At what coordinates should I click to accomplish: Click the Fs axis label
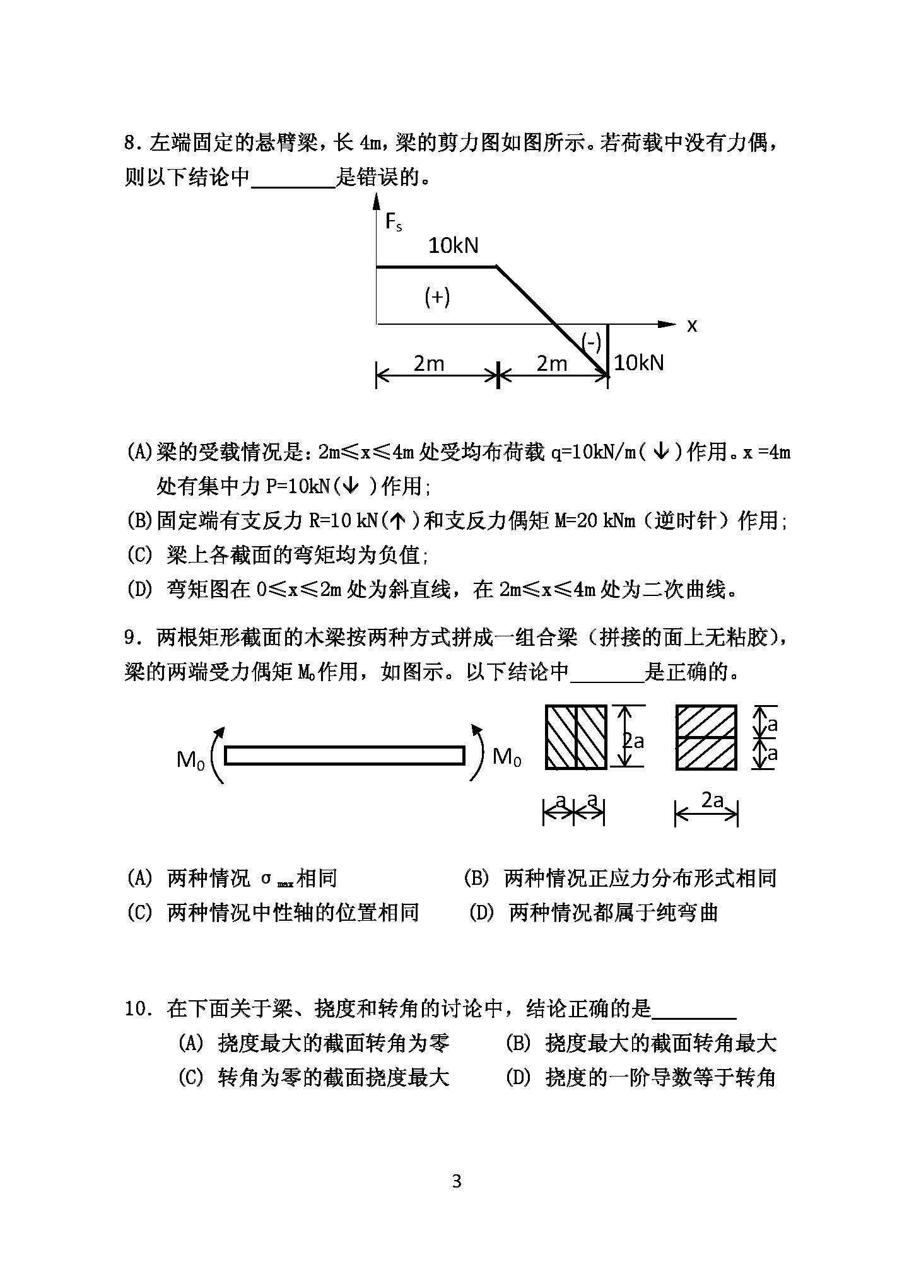point(393,222)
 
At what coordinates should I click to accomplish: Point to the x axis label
point(692,326)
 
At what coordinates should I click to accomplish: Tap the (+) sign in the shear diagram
point(436,296)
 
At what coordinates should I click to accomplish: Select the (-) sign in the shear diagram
point(591,342)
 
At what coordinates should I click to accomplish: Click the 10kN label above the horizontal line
point(454,245)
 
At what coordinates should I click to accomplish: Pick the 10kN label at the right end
point(638,363)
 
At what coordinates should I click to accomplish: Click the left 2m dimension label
point(429,363)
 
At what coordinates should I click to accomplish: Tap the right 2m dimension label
point(552,363)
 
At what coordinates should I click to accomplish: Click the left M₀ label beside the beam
point(190,759)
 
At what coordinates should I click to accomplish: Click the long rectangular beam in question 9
point(344,755)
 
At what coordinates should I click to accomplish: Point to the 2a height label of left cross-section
point(633,740)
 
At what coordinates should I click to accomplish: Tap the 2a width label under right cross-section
point(712,800)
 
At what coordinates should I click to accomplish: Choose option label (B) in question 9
point(476,879)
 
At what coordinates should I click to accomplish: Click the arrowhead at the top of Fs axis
point(377,201)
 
